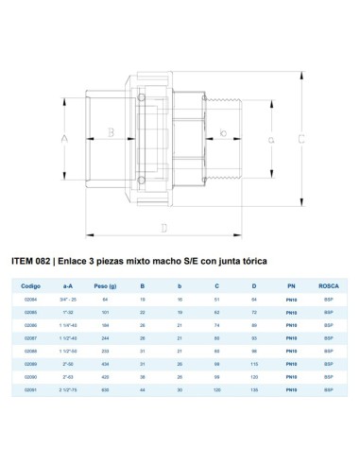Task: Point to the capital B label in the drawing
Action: [x=111, y=132]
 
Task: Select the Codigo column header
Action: [x=32, y=282]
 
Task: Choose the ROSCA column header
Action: [x=329, y=282]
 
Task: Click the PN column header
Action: [x=290, y=282]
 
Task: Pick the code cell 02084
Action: [x=31, y=298]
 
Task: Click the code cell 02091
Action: [x=31, y=387]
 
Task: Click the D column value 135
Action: [x=252, y=387]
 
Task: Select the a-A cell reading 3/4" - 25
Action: [x=68, y=298]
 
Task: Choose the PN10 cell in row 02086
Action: [x=290, y=323]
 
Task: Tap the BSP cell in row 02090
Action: [x=329, y=374]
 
